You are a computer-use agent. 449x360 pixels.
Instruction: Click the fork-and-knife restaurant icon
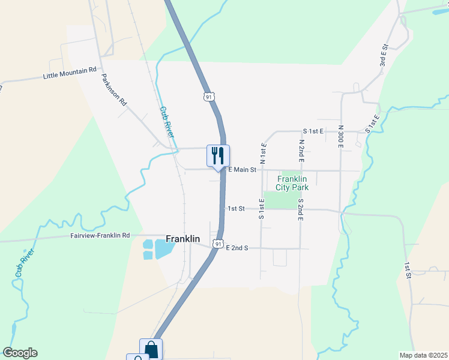[218, 156]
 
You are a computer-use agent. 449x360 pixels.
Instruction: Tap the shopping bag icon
[151, 349]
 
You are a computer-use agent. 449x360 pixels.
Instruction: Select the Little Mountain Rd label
[70, 73]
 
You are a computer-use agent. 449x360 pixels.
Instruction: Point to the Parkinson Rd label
[114, 90]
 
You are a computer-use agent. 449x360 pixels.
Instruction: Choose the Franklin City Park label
[292, 183]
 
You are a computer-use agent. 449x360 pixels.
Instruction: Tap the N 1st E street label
[262, 153]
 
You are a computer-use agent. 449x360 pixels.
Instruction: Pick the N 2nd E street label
[301, 150]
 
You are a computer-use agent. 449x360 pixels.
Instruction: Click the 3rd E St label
[383, 55]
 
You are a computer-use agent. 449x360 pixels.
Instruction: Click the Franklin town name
[183, 239]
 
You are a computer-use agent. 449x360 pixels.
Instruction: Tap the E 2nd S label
[237, 247]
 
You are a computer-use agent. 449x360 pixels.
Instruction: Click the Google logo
[20, 353]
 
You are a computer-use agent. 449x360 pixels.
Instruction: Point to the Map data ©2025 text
[423, 355]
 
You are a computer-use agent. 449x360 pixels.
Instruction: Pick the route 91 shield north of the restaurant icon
[208, 97]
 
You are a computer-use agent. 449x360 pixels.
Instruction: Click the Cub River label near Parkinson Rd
[167, 122]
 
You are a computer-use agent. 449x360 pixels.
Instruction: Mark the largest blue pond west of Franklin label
[164, 248]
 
